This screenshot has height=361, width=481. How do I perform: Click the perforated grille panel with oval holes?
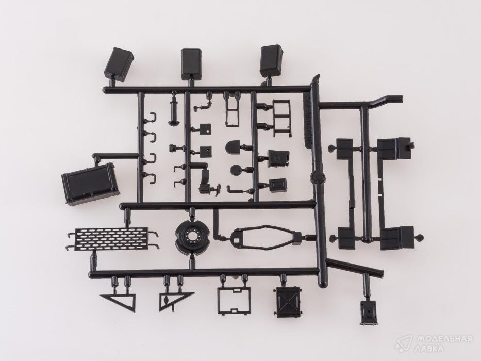click(112, 238)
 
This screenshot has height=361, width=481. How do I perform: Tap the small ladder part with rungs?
click(281, 118)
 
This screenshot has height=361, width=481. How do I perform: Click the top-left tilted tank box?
click(119, 65)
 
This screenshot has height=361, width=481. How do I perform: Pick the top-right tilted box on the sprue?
click(272, 61)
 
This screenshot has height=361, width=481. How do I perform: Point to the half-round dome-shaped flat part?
click(234, 147)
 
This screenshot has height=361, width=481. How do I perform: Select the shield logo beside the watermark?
click(406, 344)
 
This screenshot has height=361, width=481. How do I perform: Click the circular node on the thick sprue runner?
click(318, 177)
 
